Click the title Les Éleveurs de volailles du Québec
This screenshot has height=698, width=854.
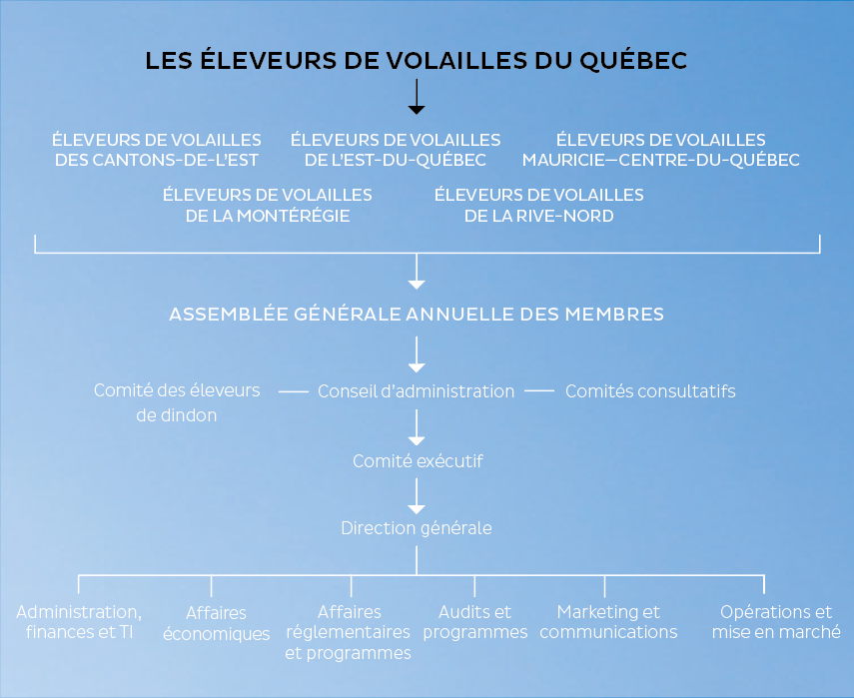[417, 60]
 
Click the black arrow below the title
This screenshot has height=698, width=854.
[417, 97]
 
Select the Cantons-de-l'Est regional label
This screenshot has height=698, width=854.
[157, 150]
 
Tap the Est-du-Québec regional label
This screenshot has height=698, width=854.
[396, 150]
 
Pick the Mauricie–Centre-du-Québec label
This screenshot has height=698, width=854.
[660, 150]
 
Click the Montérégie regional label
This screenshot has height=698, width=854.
[268, 206]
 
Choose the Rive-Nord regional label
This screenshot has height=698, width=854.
[538, 206]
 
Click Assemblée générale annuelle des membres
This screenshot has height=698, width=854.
[417, 315]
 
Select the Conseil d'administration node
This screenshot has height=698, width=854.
[417, 390]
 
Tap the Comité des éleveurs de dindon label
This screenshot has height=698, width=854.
[177, 402]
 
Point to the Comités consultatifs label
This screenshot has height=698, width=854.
[650, 390]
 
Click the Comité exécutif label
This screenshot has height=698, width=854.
[418, 461]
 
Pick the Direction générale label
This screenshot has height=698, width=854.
[417, 528]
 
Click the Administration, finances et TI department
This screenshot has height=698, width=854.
[79, 622]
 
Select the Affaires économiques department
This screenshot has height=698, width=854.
[216, 623]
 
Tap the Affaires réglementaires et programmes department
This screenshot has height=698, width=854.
[349, 632]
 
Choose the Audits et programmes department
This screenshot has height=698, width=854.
[474, 622]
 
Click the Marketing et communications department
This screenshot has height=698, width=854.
[608, 622]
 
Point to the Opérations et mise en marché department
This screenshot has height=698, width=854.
[776, 622]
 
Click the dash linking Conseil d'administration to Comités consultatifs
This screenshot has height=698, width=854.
[539, 390]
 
